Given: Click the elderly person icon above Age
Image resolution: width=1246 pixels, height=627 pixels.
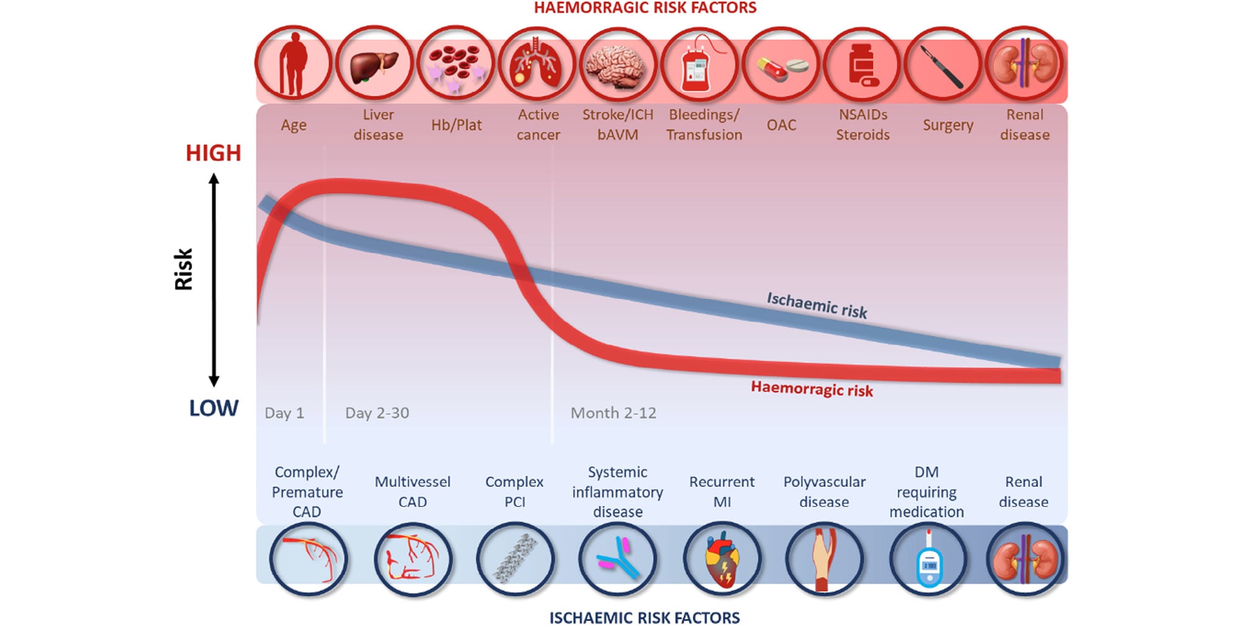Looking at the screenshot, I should (293, 63).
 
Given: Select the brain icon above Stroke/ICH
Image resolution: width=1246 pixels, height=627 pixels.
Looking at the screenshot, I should (618, 64).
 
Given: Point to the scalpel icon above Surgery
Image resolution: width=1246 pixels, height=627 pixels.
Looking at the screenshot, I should (942, 64).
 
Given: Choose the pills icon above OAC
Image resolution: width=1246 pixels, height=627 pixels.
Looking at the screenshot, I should (780, 66).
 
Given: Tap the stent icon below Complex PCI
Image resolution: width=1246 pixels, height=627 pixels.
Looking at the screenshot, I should (515, 559).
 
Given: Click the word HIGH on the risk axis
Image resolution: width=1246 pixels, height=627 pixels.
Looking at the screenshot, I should (213, 153).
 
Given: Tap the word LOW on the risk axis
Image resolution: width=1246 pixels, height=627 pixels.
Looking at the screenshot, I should (213, 408).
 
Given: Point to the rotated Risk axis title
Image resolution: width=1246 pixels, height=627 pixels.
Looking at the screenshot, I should (184, 269).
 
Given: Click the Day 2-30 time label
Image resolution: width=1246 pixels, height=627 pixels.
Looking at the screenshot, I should (377, 413).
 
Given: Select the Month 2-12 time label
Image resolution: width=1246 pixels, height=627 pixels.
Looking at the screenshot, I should (613, 413).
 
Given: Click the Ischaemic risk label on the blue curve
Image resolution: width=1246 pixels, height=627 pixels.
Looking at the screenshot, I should (817, 305).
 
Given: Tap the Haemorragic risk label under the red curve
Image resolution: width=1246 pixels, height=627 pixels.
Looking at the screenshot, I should (811, 389).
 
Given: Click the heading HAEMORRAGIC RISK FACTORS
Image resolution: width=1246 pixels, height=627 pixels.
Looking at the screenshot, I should (645, 8).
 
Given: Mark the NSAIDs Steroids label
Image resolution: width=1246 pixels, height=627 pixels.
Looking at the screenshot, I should (863, 125).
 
